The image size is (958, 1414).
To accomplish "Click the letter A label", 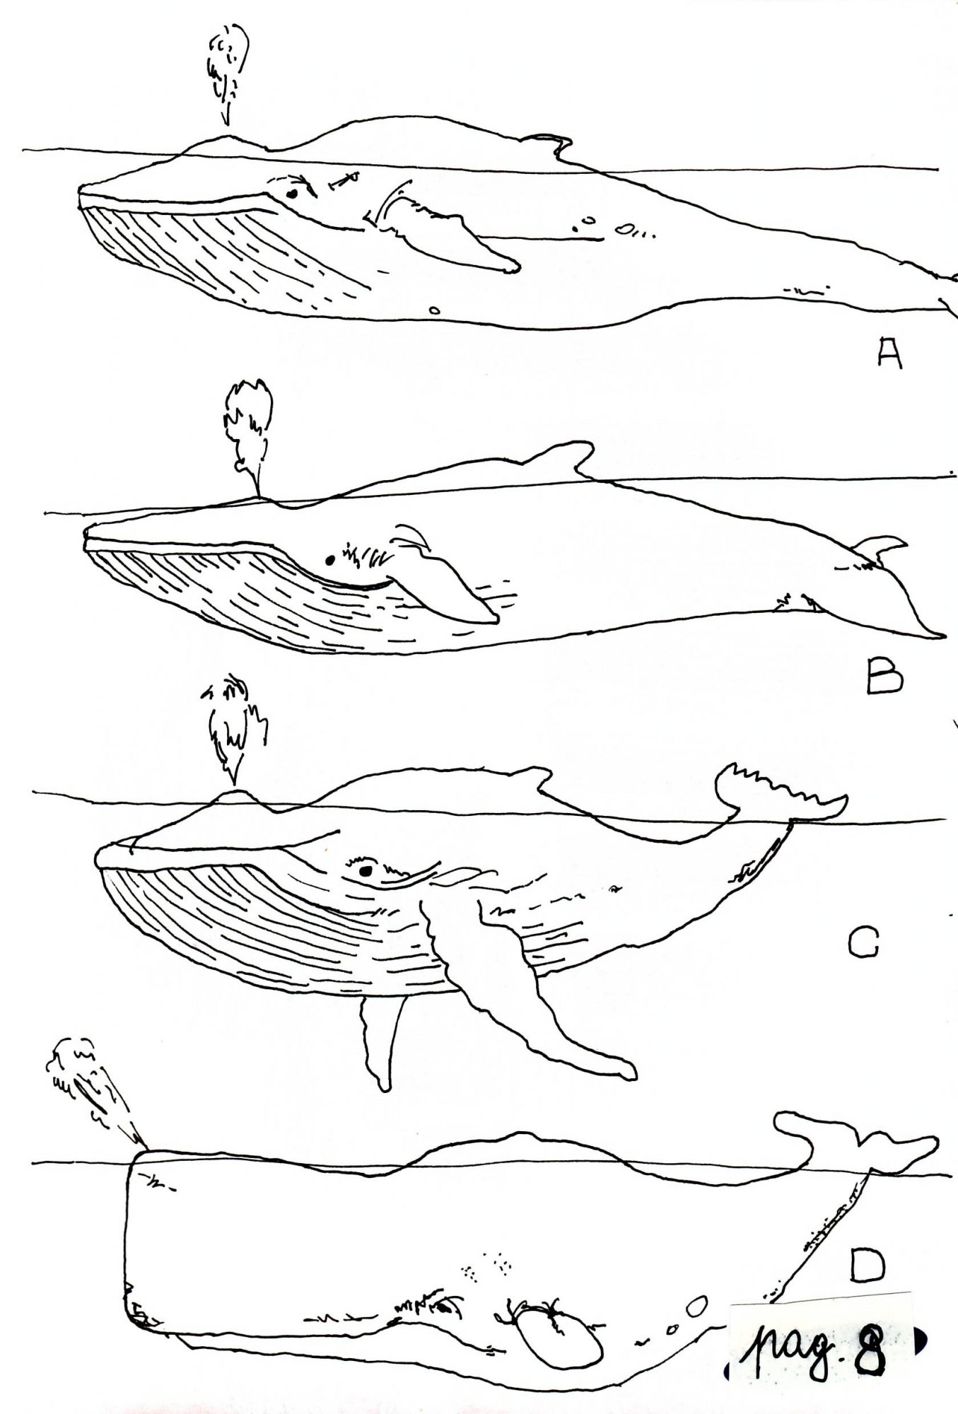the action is [889, 353].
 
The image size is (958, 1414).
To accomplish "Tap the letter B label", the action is [884, 675].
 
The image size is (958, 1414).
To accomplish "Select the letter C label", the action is [863, 942].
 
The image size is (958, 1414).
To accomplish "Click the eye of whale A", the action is [291, 192].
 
